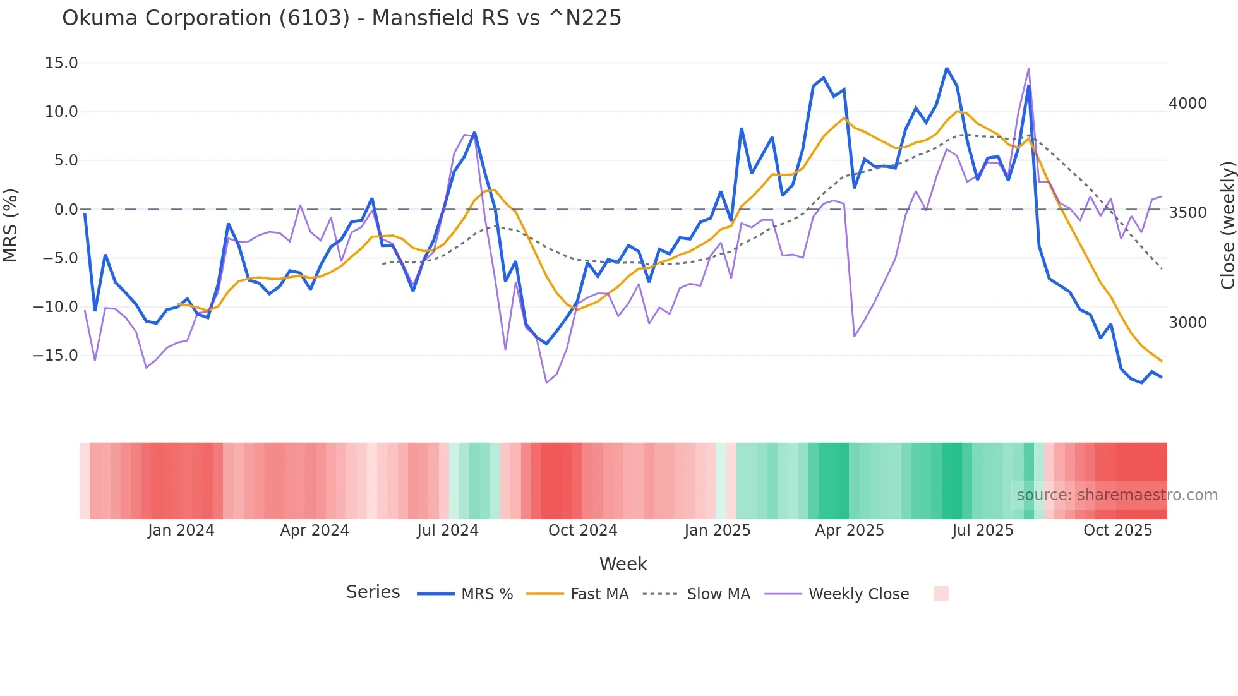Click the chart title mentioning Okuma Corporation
click(342, 18)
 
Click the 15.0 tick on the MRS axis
click(61, 63)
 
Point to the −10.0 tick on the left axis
click(56, 307)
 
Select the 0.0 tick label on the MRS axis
click(66, 210)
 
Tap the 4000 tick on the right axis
click(1187, 104)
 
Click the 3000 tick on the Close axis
click(1187, 323)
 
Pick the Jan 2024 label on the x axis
click(181, 531)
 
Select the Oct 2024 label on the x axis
click(582, 531)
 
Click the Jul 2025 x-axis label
click(983, 531)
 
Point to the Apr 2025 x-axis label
click(850, 531)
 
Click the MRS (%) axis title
click(11, 225)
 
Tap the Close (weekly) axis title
click(1227, 225)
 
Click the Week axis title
click(623, 564)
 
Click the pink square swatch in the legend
click(941, 594)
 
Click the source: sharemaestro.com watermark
click(1117, 495)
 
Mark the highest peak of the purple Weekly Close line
click(1028, 69)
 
